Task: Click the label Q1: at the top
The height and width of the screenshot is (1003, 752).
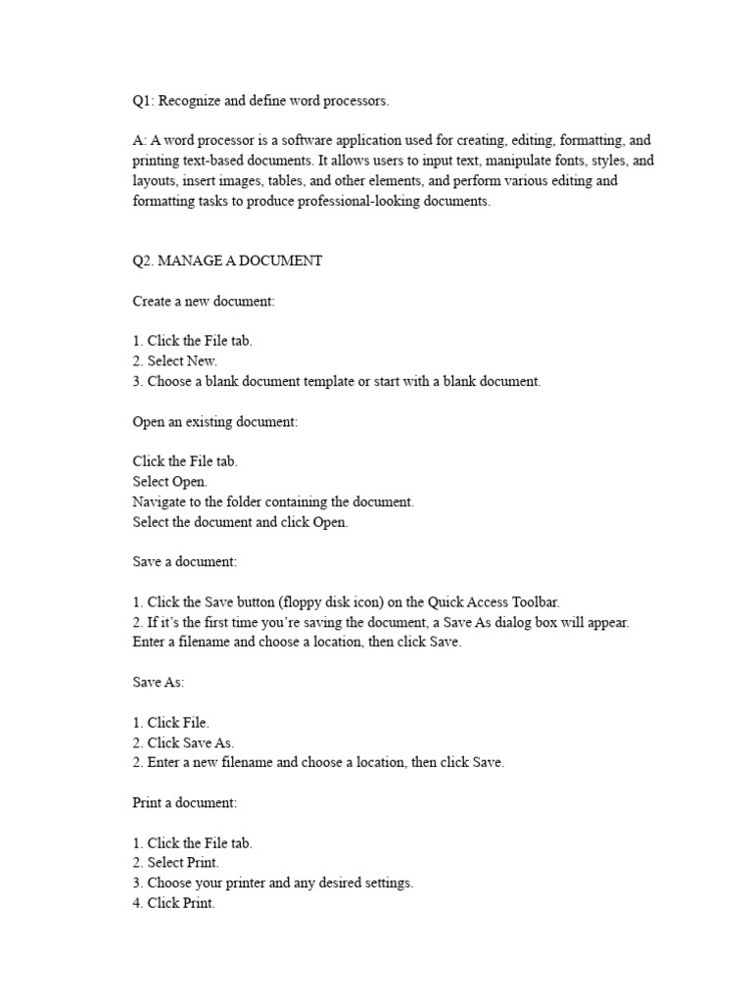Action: [144, 101]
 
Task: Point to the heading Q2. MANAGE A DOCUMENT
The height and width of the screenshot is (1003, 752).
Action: [227, 261]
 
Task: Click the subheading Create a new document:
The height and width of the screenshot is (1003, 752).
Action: [204, 302]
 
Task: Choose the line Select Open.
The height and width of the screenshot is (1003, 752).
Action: [168, 482]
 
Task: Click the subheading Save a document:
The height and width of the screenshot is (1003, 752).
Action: [185, 562]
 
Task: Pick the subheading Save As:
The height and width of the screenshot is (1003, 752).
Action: [159, 682]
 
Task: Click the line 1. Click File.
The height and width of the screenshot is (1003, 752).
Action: [170, 723]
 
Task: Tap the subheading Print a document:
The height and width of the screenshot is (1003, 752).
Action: [185, 802]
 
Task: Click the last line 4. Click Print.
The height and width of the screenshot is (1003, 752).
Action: [173, 903]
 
